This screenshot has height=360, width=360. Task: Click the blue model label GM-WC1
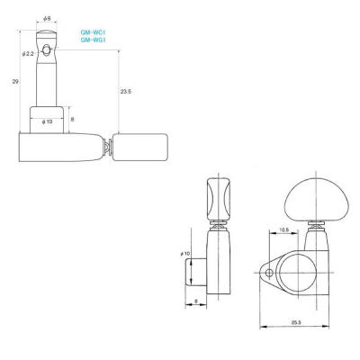click(94, 32)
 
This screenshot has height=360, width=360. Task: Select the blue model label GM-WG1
click(94, 40)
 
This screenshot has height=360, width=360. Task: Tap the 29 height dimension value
click(15, 81)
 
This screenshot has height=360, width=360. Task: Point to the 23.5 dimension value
click(126, 92)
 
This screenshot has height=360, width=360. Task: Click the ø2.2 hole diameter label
click(30, 53)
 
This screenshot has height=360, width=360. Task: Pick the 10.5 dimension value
click(283, 229)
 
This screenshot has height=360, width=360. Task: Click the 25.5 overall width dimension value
click(295, 322)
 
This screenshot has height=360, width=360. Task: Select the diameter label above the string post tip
click(47, 19)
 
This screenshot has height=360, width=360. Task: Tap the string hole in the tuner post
click(47, 49)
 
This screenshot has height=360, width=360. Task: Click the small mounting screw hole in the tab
click(269, 273)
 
